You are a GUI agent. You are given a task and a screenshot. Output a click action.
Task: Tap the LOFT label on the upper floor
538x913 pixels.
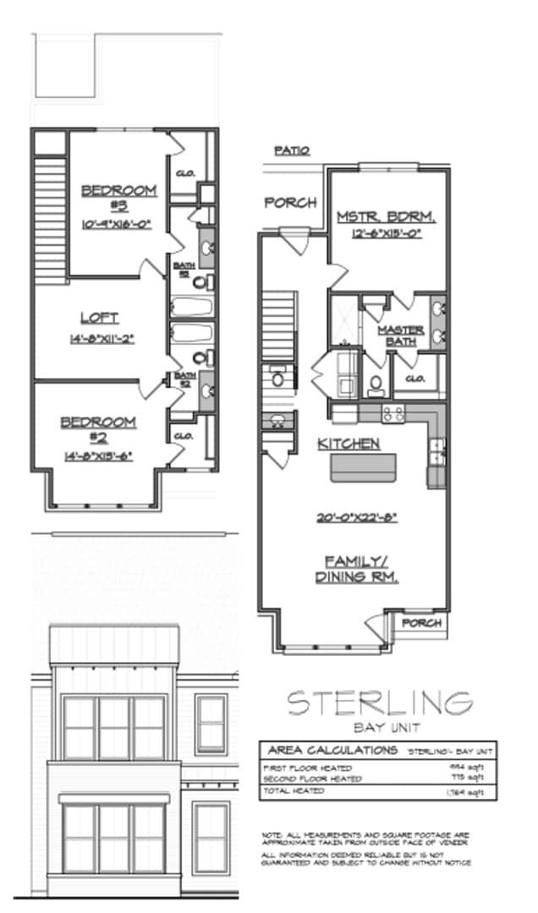click(99, 318)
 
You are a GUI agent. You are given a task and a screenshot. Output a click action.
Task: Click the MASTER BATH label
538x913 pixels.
click(401, 336)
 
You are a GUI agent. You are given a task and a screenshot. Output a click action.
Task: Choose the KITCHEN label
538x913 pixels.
click(348, 444)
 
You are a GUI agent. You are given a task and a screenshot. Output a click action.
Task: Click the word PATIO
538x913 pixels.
click(292, 150)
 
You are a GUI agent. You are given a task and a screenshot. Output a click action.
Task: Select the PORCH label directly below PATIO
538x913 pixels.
click(290, 203)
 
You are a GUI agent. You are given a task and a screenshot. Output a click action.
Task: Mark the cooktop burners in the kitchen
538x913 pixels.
click(393, 414)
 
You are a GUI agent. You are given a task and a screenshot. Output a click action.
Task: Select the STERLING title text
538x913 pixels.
click(378, 702)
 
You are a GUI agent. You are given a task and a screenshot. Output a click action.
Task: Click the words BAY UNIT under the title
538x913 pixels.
click(378, 727)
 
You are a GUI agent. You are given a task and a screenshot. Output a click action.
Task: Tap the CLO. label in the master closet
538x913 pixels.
click(414, 379)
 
